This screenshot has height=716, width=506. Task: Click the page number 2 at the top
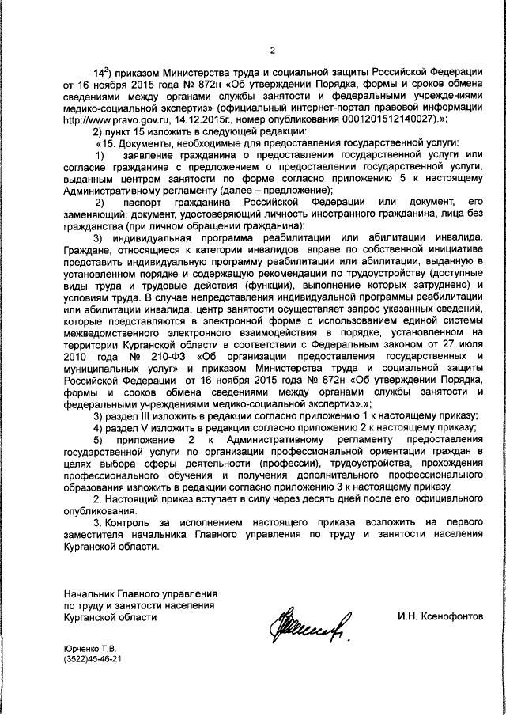(271, 52)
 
